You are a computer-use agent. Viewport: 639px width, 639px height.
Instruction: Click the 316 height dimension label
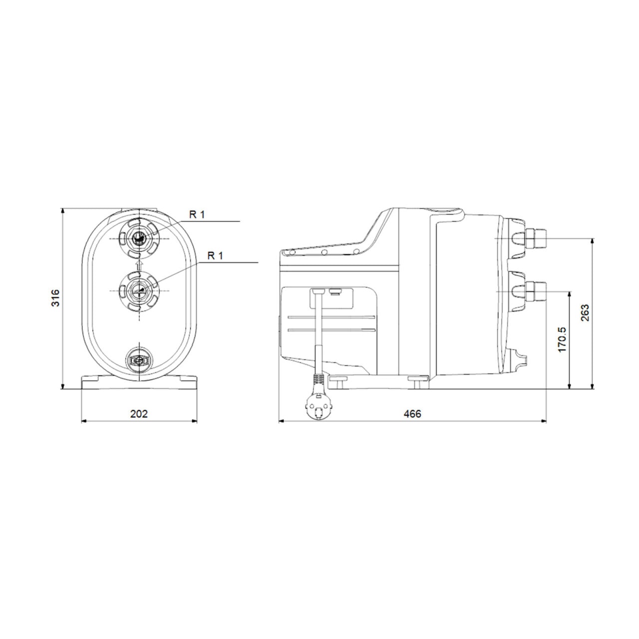pyautogui.click(x=55, y=298)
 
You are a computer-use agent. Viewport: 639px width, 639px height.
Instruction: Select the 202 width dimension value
pyautogui.click(x=139, y=414)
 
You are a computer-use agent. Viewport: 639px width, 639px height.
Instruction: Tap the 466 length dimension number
pyautogui.click(x=413, y=414)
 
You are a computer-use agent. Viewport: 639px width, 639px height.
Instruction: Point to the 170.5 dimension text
pyautogui.click(x=563, y=339)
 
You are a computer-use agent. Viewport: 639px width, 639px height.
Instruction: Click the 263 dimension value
pyautogui.click(x=585, y=313)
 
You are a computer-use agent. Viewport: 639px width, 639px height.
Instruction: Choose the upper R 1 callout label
pyautogui.click(x=197, y=215)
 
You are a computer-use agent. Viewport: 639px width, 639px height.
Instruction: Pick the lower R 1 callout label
pyautogui.click(x=215, y=256)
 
